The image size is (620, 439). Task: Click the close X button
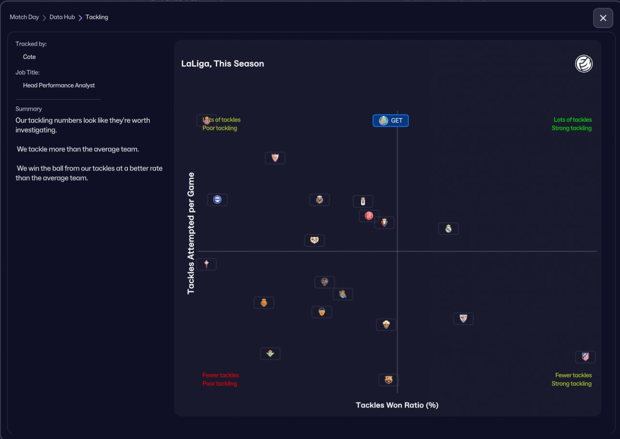pyautogui.click(x=603, y=18)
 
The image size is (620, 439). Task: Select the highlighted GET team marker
pyautogui.click(x=390, y=121)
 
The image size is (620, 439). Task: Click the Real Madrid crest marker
pyautogui.click(x=449, y=228)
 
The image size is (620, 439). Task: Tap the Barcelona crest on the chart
pyautogui.click(x=388, y=379)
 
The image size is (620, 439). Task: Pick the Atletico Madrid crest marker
pyautogui.click(x=585, y=357)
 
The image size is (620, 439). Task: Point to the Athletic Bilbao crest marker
pyautogui.click(x=463, y=318)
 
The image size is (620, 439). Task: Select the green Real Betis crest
pyautogui.click(x=270, y=354)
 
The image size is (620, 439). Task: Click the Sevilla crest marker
pyautogui.click(x=275, y=158)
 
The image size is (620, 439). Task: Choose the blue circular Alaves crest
pyautogui.click(x=217, y=199)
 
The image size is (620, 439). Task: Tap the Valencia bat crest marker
pyautogui.click(x=322, y=312)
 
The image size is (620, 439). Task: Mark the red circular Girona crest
pyautogui.click(x=369, y=216)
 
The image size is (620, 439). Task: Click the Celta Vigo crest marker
pyautogui.click(x=207, y=264)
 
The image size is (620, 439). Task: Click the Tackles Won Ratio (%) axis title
pyautogui.click(x=397, y=405)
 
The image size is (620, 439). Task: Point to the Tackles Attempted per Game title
pyautogui.click(x=191, y=233)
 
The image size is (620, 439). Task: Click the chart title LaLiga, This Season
pyautogui.click(x=223, y=63)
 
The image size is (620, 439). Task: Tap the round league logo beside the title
pyautogui.click(x=584, y=63)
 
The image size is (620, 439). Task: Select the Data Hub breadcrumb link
pyautogui.click(x=62, y=17)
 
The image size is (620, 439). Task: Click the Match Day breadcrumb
pyautogui.click(x=24, y=17)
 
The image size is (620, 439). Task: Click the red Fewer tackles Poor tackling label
pyautogui.click(x=220, y=379)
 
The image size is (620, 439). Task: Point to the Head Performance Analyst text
pyautogui.click(x=59, y=85)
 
